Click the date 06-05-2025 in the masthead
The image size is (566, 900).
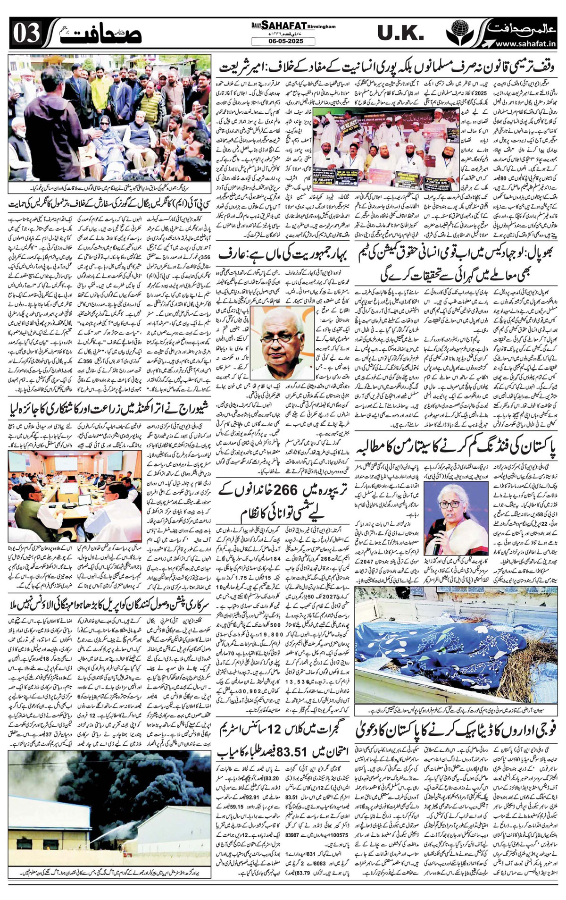pyautogui.click(x=277, y=42)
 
